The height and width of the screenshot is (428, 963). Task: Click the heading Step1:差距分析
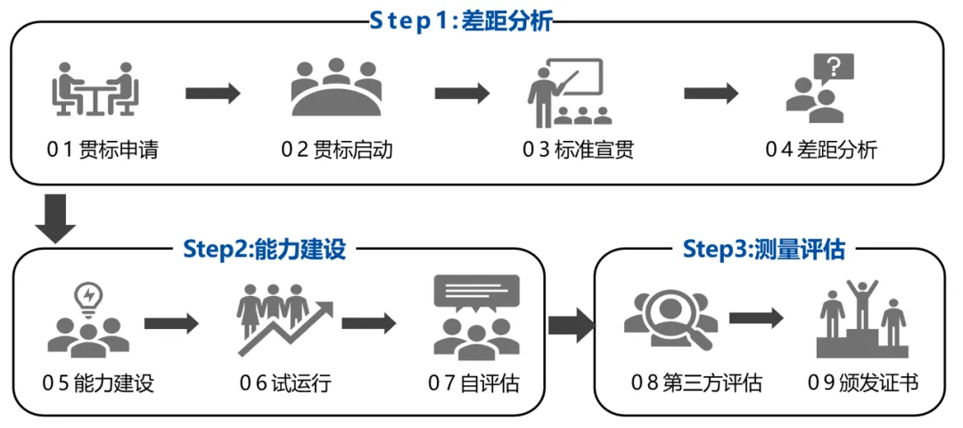[x=461, y=21]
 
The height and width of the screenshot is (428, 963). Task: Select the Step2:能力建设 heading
[x=264, y=249]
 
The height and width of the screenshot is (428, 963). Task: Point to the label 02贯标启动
[x=337, y=149]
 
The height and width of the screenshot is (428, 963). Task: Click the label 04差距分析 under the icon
[x=820, y=149]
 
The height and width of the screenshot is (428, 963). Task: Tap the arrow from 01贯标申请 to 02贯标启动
[x=213, y=93]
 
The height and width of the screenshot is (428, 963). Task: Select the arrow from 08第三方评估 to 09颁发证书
[x=756, y=318]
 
